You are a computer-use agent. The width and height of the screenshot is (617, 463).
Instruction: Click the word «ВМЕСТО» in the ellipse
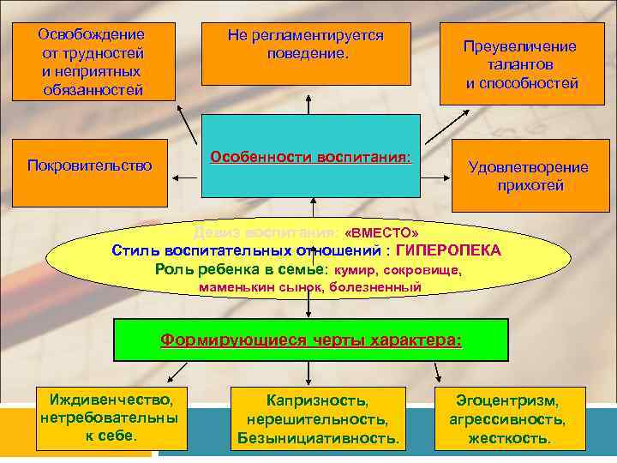[x=381, y=233]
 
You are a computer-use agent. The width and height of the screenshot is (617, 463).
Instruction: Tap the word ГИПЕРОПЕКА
[x=449, y=250]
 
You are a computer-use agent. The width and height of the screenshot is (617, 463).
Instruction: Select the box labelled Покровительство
[x=90, y=165]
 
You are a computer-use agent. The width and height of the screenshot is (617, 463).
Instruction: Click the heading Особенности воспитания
[x=311, y=159]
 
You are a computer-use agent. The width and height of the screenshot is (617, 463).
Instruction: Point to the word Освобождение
[x=92, y=35]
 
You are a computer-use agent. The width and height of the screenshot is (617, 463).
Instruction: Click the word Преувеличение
[x=520, y=47]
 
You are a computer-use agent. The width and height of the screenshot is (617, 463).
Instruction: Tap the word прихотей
[x=529, y=185]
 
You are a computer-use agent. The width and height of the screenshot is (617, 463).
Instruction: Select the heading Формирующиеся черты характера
[x=311, y=340]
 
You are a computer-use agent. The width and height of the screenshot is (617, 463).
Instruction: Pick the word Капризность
[x=318, y=400]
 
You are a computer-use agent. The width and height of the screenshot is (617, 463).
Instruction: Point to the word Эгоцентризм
[x=508, y=400]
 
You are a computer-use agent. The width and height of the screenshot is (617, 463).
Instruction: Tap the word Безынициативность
[x=318, y=438]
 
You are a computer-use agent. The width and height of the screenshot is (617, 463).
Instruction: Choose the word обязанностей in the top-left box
[x=93, y=89]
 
